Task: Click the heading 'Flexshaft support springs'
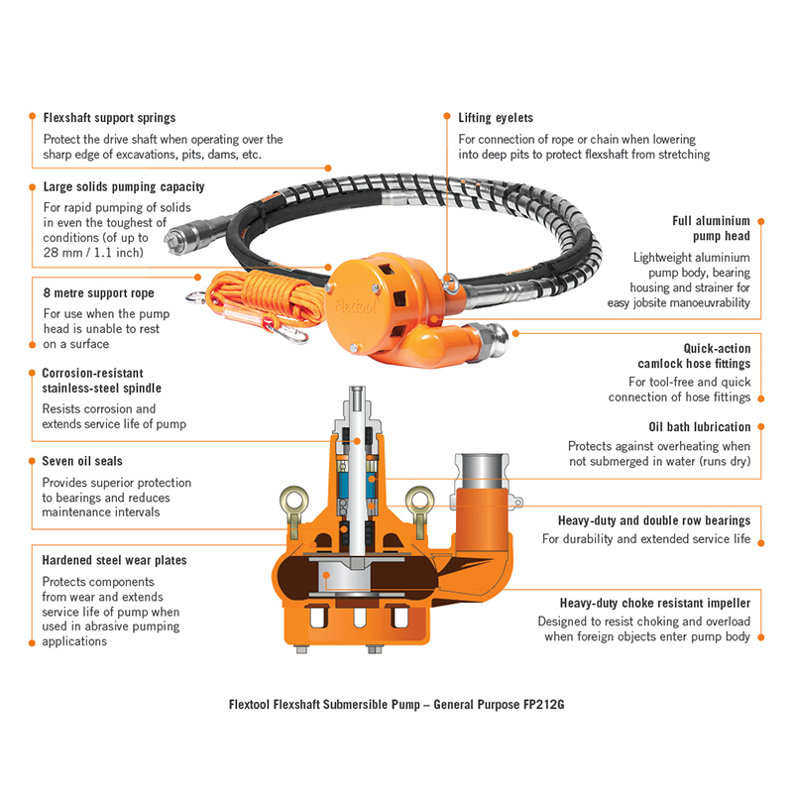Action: pyautogui.click(x=109, y=117)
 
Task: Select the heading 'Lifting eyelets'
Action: pyautogui.click(x=496, y=117)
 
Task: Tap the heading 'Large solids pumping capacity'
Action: pyautogui.click(x=124, y=186)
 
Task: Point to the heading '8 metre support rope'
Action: pyautogui.click(x=98, y=293)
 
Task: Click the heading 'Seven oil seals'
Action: pyautogui.click(x=82, y=461)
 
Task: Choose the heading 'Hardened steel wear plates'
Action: pyautogui.click(x=114, y=560)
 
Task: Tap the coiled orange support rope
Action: pyautogui.click(x=263, y=293)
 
